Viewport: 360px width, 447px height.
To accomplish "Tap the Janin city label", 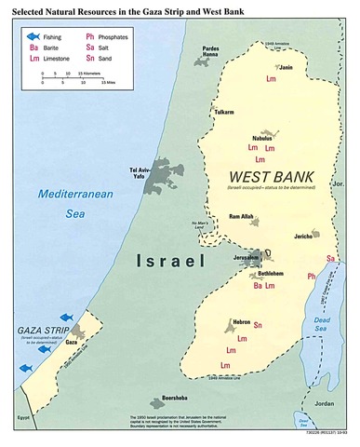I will pyautogui.click(x=287, y=68).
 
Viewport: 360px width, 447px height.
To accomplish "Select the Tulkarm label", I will pyautogui.click(x=224, y=112).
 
